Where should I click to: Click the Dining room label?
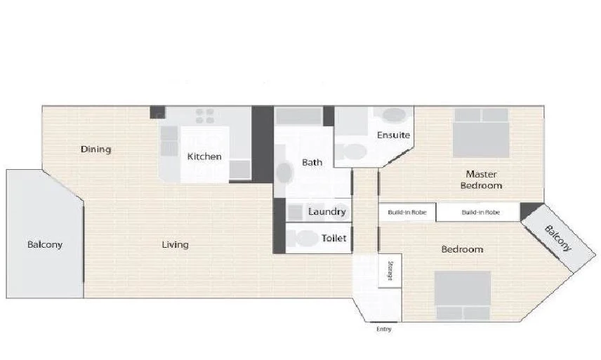click(x=95, y=149)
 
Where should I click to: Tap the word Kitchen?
click(x=204, y=156)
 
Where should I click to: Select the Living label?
click(x=175, y=244)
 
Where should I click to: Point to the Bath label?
click(x=312, y=162)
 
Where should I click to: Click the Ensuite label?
click(x=393, y=135)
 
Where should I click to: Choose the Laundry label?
click(x=326, y=211)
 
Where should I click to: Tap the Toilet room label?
click(x=334, y=239)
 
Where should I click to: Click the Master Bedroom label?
click(x=481, y=180)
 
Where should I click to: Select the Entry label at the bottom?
click(x=383, y=328)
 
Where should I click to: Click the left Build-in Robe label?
click(x=407, y=212)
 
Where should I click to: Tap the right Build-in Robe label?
click(x=481, y=212)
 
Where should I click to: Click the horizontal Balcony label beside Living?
click(x=45, y=244)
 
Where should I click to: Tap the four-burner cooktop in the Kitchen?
click(x=204, y=116)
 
